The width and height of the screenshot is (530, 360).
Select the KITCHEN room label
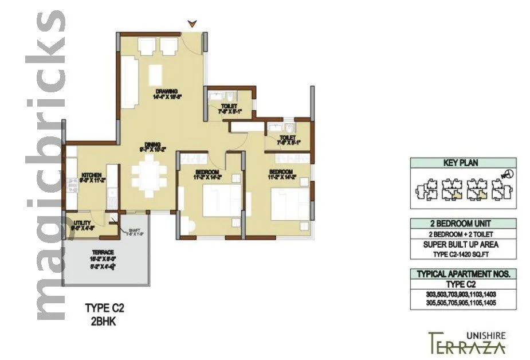coord(91,175)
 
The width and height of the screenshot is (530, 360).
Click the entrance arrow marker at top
coord(193,24)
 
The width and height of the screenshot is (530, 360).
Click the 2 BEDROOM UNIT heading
coord(463,224)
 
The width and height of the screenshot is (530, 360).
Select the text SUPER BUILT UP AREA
coord(463,243)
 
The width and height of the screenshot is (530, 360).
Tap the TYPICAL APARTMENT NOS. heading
coord(463,274)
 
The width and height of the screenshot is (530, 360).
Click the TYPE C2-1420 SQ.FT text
coord(463,253)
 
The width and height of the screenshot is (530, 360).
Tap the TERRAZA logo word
coord(467,346)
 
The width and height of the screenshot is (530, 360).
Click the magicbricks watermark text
coord(50,166)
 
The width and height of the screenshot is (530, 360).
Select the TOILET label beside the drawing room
coord(229,107)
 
